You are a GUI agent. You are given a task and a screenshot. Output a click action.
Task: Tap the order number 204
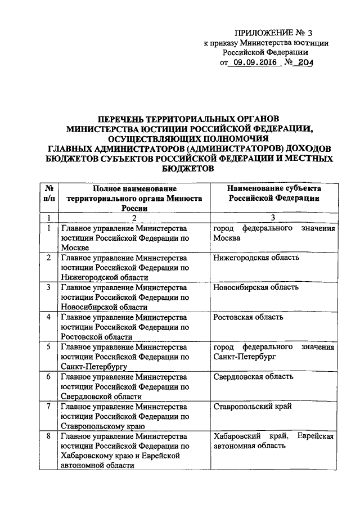click(303, 63)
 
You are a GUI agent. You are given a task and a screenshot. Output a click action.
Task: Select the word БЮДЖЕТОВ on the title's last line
click(186, 168)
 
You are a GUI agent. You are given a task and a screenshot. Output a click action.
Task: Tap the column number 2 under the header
click(134, 217)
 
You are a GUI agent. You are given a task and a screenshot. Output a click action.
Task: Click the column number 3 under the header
click(274, 217)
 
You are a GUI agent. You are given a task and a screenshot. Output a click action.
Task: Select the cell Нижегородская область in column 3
click(256, 258)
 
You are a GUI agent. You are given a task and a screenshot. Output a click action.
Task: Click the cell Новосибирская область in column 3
click(256, 287)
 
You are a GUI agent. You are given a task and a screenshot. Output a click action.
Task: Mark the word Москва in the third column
click(227, 237)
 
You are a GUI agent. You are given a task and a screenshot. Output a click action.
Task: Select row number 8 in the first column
click(49, 436)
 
